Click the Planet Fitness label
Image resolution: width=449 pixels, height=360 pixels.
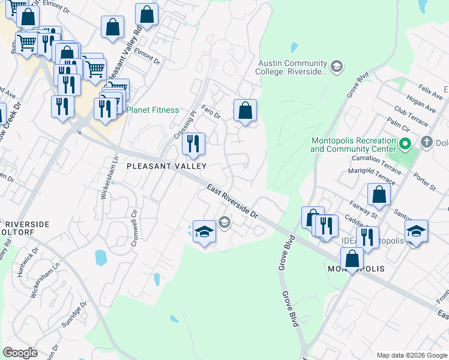pos(152,110)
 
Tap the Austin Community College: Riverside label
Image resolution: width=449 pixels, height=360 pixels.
pos(292,68)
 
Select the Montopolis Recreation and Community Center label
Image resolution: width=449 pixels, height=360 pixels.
pos(354,145)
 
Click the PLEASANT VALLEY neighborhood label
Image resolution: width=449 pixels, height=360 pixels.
pos(166,166)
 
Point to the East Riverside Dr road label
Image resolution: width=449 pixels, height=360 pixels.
pos(232,201)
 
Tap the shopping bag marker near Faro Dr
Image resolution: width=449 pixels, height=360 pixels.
pos(245,111)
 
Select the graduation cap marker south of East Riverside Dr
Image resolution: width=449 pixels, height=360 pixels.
pos(204,232)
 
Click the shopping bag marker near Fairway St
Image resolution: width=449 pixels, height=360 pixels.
pos(379,194)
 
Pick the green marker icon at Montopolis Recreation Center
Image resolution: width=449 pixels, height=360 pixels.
pos(405,144)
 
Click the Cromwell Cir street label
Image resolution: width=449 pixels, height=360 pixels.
pos(134,222)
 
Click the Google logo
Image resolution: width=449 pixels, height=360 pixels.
pos(20,353)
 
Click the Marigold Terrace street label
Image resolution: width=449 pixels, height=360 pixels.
pos(372,176)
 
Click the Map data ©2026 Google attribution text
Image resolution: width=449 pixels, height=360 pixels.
pos(411,355)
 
